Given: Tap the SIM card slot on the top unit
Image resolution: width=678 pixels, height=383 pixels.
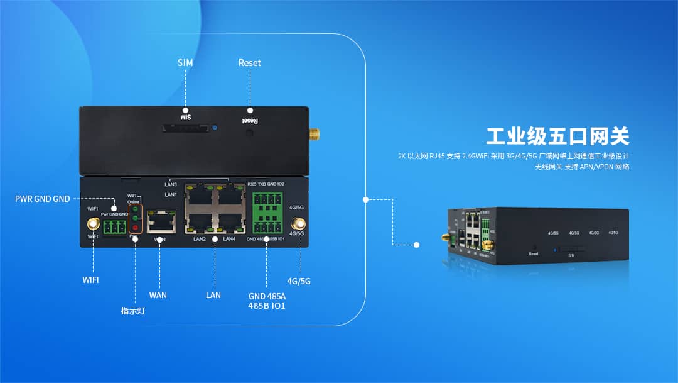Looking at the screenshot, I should (x=185, y=128).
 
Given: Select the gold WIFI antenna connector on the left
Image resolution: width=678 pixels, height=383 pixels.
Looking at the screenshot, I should (x=93, y=224).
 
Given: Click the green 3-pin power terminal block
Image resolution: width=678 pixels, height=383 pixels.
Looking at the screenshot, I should (x=116, y=226).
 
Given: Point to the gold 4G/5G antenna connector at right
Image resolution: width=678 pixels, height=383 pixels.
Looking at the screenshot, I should (x=299, y=224).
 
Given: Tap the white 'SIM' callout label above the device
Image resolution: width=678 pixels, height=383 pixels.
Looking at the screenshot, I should (x=185, y=63).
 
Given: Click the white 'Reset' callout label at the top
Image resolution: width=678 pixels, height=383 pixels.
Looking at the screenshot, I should (x=249, y=63).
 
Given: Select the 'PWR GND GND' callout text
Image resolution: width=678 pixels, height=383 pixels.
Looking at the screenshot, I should (x=43, y=199).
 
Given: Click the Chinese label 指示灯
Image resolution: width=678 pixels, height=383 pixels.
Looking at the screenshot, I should (x=133, y=311).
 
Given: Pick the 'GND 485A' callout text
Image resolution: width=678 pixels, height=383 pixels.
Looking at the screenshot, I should (x=267, y=296).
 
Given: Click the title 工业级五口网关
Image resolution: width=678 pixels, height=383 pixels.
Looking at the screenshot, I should (x=557, y=136).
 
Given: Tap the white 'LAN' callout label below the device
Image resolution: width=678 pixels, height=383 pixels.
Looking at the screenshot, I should (x=213, y=295).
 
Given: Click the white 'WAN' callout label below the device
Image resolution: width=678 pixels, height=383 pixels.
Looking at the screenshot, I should (x=158, y=294).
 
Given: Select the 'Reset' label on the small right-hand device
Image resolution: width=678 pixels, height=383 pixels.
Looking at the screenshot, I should (x=534, y=254).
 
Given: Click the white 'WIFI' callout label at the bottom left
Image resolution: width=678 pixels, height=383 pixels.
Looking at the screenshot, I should (x=91, y=279).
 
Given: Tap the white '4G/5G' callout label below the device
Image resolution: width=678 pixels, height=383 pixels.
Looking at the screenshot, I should (x=299, y=281).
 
